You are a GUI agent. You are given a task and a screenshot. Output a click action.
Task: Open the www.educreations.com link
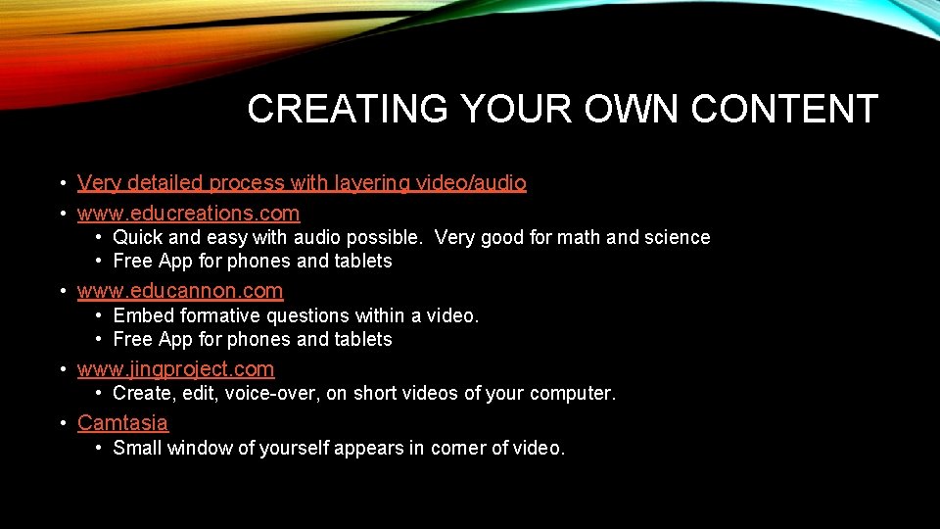[188, 213]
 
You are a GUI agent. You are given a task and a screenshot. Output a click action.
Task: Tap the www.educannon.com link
[180, 291]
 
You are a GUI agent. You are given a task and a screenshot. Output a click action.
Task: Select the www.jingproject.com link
[175, 369]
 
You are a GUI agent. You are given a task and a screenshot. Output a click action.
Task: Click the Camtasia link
[122, 423]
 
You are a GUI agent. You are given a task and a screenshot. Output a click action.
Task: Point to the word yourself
[293, 449]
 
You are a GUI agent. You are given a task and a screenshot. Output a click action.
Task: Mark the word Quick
[136, 237]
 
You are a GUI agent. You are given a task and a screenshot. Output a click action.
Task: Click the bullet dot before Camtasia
[62, 423]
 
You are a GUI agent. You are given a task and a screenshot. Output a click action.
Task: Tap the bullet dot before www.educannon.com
[62, 291]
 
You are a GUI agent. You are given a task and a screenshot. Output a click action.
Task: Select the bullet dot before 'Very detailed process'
[62, 183]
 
